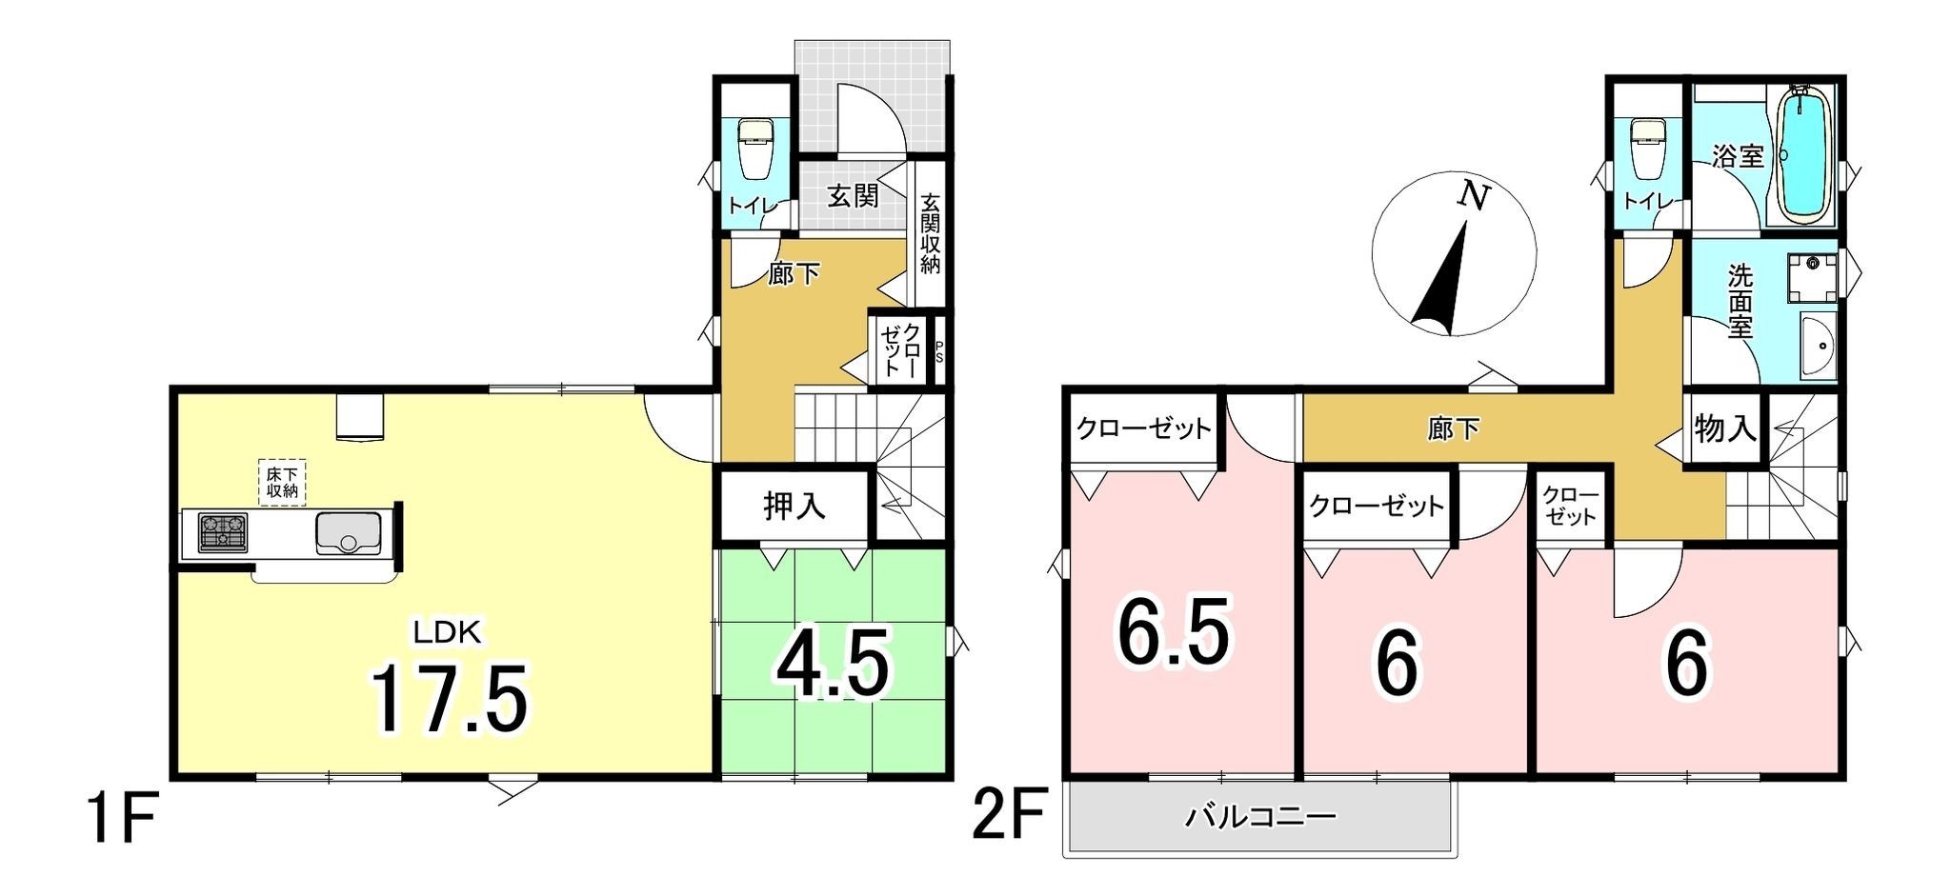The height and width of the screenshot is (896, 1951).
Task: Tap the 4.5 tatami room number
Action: click(x=834, y=665)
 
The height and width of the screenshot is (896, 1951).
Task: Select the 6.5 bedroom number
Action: click(x=1174, y=631)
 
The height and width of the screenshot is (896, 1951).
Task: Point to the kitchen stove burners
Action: click(x=222, y=531)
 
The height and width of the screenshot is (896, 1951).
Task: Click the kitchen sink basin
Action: click(x=349, y=532)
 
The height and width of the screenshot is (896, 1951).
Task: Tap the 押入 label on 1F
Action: click(x=794, y=507)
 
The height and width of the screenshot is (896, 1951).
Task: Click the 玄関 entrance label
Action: click(x=853, y=196)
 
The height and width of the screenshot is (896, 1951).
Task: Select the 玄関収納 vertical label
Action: click(x=930, y=234)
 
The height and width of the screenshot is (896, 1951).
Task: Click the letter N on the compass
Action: click(x=1474, y=197)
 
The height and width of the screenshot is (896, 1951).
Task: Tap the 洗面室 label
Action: click(x=1740, y=302)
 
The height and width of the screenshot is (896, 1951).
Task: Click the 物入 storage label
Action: click(x=1725, y=430)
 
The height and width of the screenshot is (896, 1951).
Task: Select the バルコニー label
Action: click(x=1260, y=816)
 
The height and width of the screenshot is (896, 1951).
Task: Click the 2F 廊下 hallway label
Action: click(x=1453, y=430)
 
